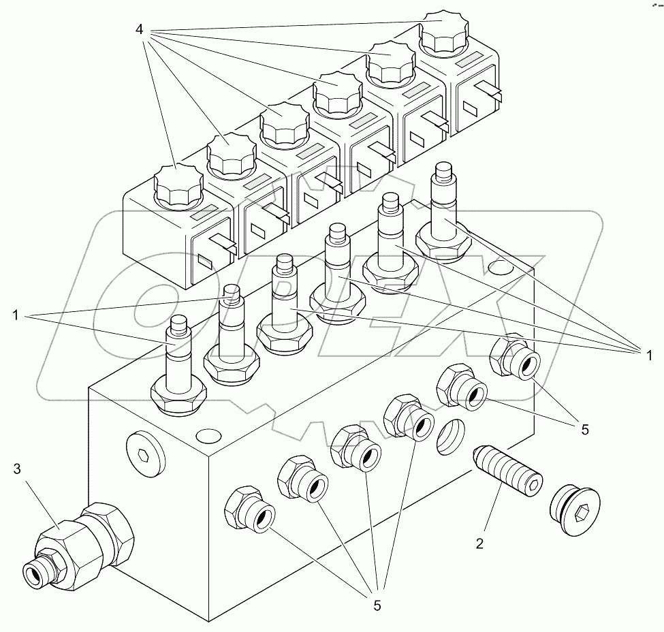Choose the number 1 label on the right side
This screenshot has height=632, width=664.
tap(648, 353)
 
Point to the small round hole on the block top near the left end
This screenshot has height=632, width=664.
tap(207, 435)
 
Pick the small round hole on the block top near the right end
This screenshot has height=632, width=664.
tap(501, 266)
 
